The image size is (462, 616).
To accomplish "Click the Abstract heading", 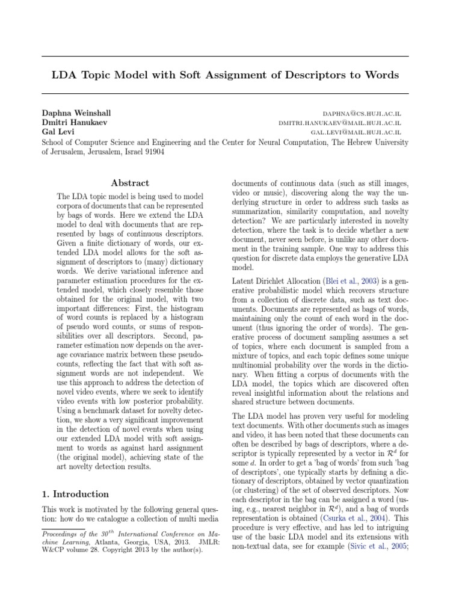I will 130,183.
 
